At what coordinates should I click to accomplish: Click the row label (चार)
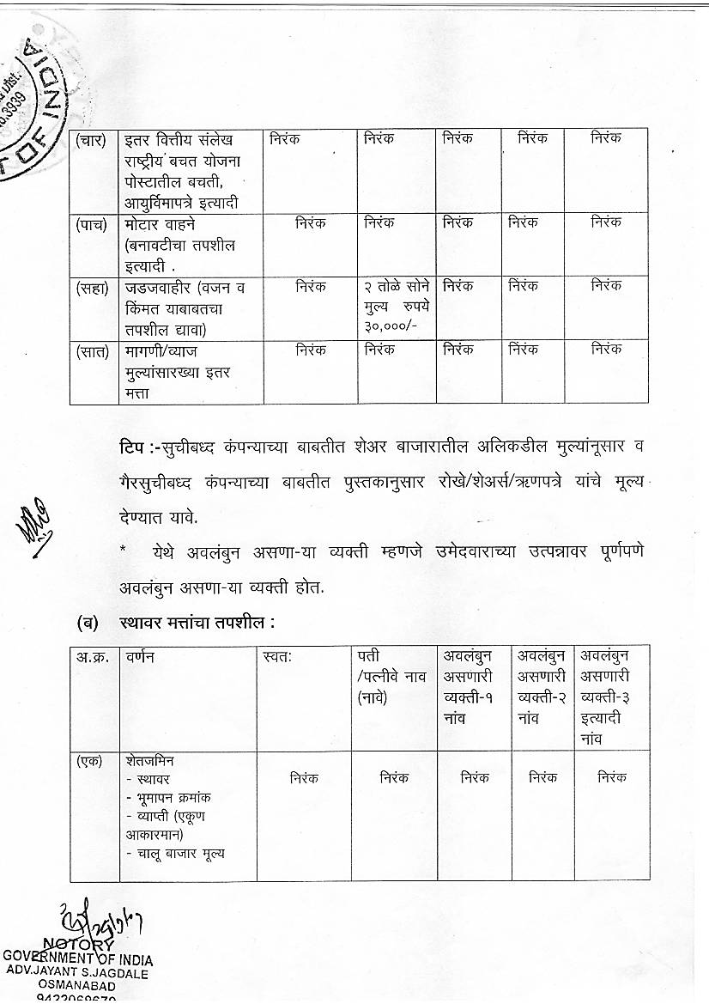91,139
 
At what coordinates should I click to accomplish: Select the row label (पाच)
91,223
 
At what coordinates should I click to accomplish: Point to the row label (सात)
91,350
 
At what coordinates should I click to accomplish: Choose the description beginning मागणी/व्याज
172,350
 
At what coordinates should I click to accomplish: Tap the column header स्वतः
279,658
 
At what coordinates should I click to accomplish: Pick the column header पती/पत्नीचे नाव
391,678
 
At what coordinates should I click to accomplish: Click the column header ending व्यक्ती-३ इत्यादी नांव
611,697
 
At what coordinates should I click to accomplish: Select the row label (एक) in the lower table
90,762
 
